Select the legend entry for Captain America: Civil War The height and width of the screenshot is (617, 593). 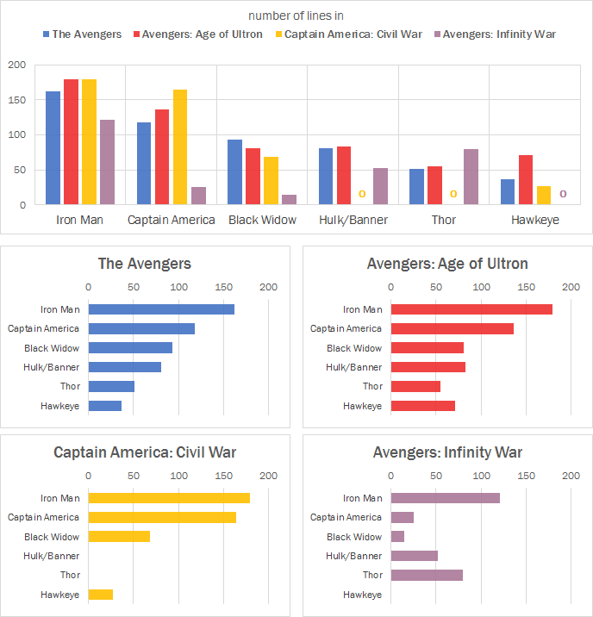tap(353, 34)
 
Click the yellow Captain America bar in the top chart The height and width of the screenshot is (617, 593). tap(180, 147)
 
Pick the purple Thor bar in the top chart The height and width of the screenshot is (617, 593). tap(471, 177)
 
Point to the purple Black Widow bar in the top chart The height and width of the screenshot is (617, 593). tap(289, 200)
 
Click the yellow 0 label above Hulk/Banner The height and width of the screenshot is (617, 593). tap(362, 195)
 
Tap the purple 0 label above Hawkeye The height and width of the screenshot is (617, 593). tap(563, 195)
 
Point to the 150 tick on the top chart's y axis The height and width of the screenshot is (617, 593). tap(17, 100)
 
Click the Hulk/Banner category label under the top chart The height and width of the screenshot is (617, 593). tap(353, 220)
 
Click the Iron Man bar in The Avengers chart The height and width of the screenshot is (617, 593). tap(161, 309)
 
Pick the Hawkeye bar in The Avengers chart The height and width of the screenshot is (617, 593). tap(105, 405)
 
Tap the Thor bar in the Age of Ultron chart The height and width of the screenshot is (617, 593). tap(415, 386)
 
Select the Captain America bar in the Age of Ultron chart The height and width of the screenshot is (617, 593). tap(452, 328)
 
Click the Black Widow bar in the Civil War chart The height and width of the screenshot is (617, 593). tap(119, 537)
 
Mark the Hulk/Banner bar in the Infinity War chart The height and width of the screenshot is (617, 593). tap(415, 556)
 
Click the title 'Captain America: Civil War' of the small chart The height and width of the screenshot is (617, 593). tap(145, 452)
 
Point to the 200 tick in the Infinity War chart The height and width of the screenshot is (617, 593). tap(571, 476)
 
